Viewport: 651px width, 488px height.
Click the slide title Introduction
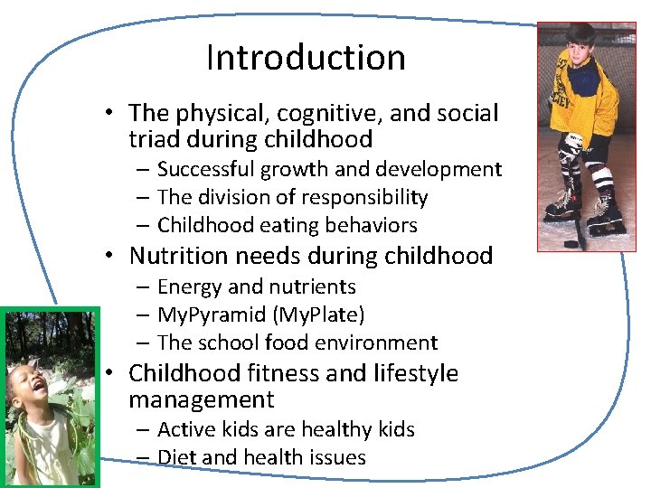tap(306, 58)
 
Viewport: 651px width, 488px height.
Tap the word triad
tap(153, 140)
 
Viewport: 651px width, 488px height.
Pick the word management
tap(201, 399)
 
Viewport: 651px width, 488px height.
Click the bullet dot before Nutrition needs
tap(107, 257)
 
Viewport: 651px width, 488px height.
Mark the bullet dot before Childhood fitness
tap(107, 373)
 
